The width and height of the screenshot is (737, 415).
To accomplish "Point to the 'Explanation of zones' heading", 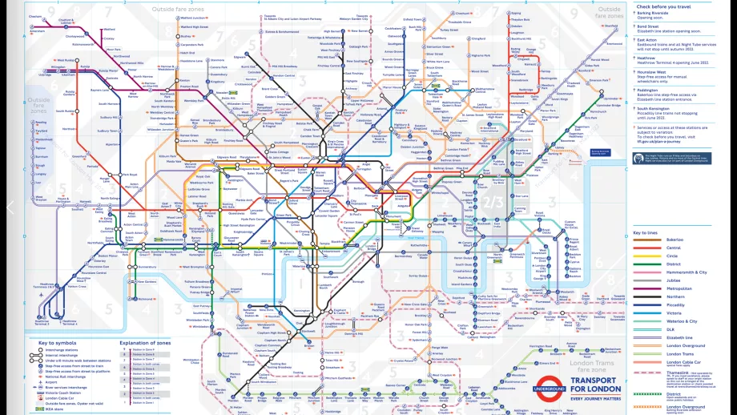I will click(146, 342).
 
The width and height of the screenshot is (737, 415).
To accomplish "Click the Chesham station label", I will click(35, 15).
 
